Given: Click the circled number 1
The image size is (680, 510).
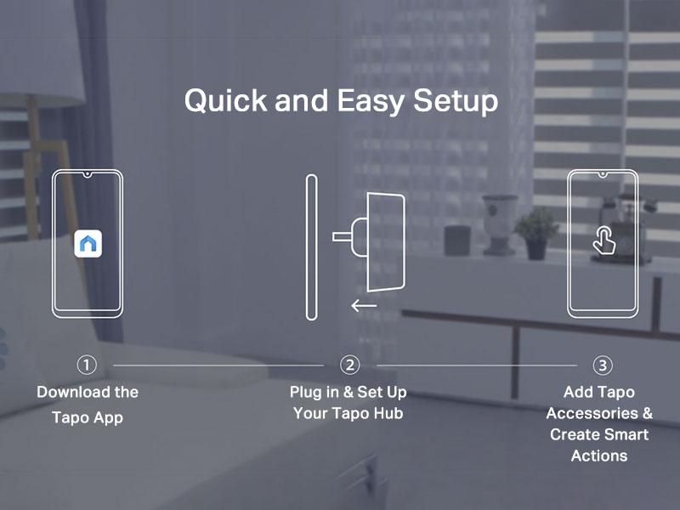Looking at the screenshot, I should coord(87,365).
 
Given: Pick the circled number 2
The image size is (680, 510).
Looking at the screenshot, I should coord(349,365).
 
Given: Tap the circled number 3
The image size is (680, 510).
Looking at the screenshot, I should coord(602,365).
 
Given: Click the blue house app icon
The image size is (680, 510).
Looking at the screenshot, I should coord(88,244).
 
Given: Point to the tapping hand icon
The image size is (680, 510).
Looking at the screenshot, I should coord(603,241).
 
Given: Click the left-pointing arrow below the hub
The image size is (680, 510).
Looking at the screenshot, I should coord(364,305).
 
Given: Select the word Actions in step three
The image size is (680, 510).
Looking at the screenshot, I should coord(599,456).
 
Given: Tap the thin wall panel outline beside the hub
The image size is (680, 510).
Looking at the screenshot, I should coord(311,246).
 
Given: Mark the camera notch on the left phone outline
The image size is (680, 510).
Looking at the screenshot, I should coord(88,174).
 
